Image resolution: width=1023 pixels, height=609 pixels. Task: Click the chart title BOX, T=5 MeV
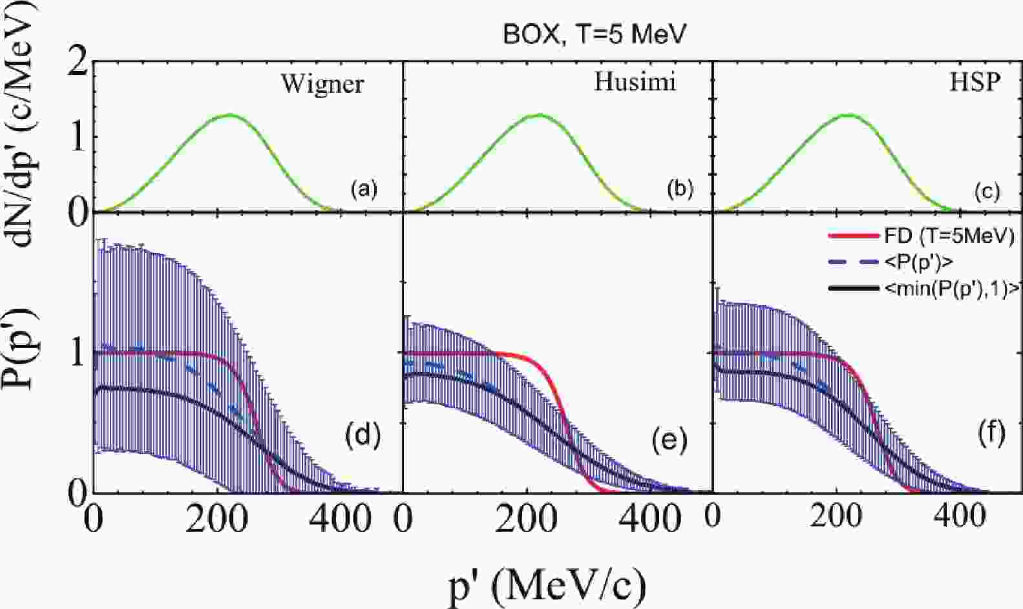point(593,34)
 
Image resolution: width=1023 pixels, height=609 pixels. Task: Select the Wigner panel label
point(322,85)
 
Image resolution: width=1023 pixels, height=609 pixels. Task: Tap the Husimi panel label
point(635,83)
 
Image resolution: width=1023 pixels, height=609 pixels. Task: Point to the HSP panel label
point(975,83)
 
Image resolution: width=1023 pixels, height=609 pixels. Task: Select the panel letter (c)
point(986,191)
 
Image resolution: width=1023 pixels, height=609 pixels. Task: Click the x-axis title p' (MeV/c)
point(547,584)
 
